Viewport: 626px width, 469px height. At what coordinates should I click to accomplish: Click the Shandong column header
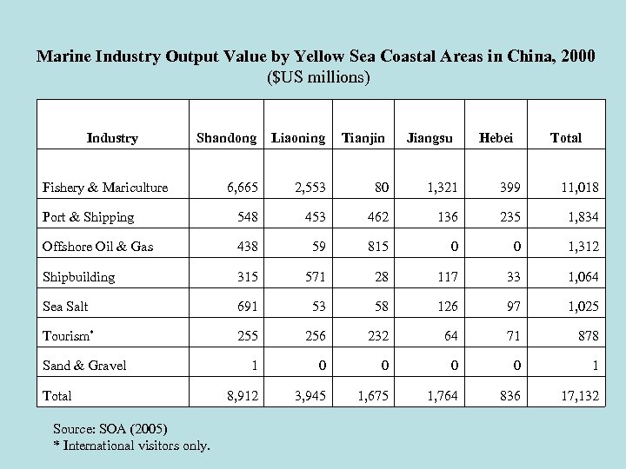(x=226, y=138)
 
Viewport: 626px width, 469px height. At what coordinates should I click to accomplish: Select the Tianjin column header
(x=363, y=138)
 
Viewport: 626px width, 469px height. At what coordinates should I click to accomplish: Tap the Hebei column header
(x=496, y=138)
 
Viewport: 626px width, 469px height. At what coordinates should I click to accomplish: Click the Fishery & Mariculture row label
(x=105, y=188)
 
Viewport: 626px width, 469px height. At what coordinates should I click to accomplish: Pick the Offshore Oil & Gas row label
(x=97, y=247)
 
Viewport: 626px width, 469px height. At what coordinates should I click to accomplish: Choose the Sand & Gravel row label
(x=84, y=366)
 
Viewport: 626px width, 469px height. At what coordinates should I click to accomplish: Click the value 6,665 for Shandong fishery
(x=242, y=188)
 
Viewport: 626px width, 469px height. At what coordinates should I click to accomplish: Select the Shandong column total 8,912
(x=242, y=396)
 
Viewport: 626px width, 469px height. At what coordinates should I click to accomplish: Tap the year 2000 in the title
(x=577, y=56)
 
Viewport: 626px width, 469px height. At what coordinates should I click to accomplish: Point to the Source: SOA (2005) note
(x=110, y=429)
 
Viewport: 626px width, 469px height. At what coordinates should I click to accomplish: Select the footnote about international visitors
(x=131, y=446)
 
